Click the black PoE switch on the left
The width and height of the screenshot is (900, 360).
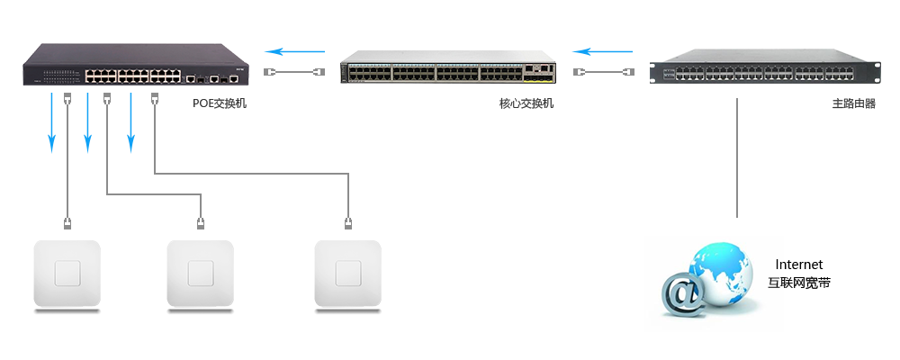tap(135, 67)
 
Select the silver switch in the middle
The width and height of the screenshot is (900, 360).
tap(447, 68)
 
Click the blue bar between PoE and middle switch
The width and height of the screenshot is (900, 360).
tap(293, 51)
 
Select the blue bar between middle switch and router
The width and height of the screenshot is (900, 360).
tap(602, 51)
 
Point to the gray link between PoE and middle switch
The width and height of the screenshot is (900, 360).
tap(293, 71)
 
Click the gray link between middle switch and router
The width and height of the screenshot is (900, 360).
tap(602, 71)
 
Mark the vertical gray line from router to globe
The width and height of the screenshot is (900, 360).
tap(736, 157)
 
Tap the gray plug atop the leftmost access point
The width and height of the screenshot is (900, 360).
tap(67, 220)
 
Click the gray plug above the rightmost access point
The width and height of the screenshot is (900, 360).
tap(348, 220)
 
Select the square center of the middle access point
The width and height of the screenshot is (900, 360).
tap(200, 273)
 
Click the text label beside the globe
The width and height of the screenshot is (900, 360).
tap(797, 274)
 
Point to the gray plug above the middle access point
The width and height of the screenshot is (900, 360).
tap(200, 220)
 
